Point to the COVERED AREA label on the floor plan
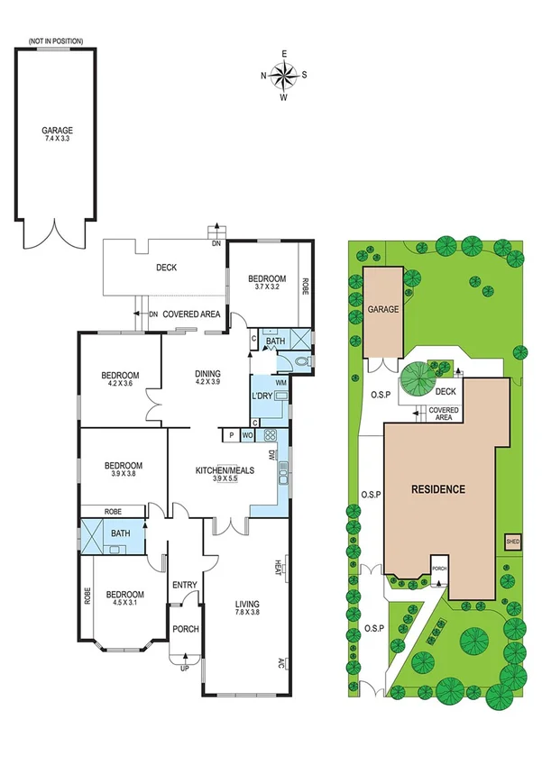(191, 314)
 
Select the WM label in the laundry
(280, 383)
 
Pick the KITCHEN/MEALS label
(220, 469)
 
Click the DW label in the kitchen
(273, 455)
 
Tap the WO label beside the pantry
(246, 436)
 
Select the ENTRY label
(184, 585)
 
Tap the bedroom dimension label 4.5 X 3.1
(124, 606)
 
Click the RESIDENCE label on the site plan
(438, 489)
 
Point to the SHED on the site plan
(512, 542)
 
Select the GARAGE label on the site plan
(382, 309)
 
